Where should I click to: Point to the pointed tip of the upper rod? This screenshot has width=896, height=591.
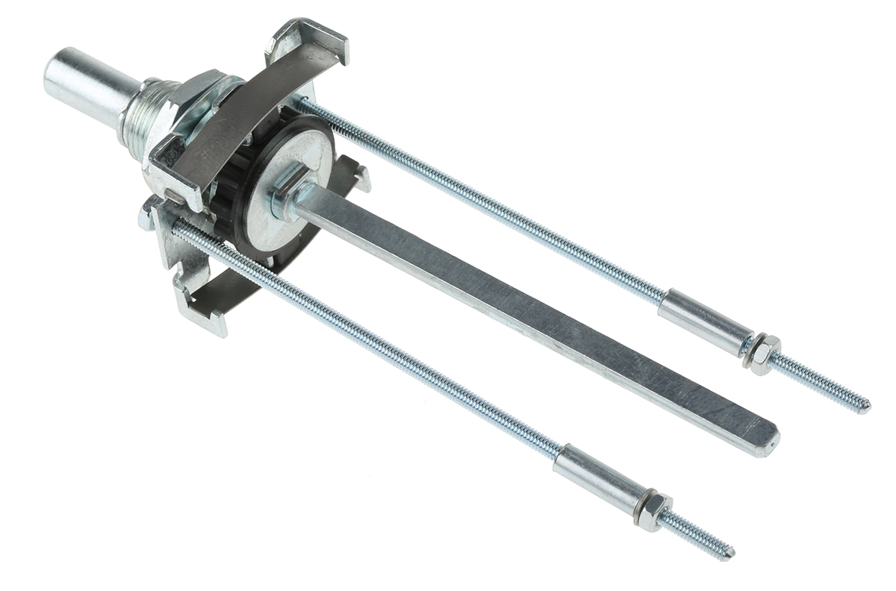coord(866,408)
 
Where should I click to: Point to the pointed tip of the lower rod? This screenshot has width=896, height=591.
coord(730,553)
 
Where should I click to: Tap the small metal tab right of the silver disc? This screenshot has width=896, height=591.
coord(360,177)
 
